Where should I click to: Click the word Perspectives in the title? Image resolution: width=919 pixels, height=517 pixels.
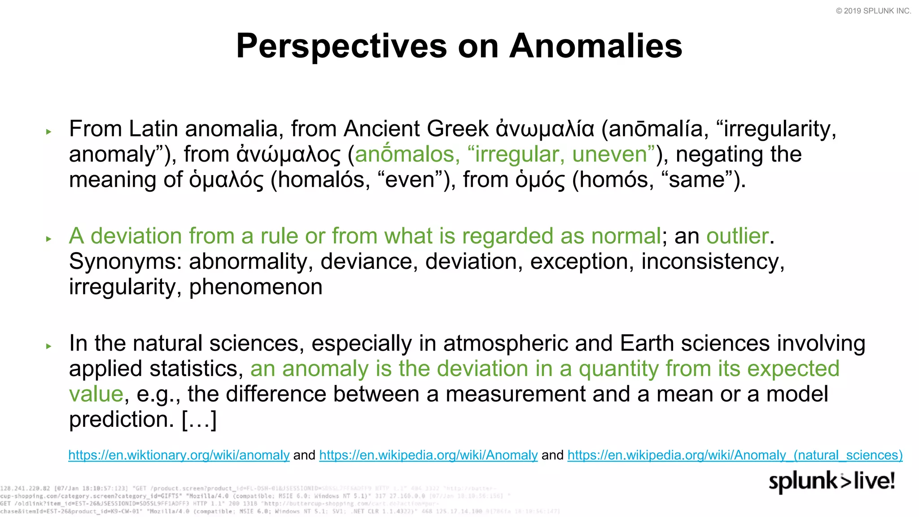341,46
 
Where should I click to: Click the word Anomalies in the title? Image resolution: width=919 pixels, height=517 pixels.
595,46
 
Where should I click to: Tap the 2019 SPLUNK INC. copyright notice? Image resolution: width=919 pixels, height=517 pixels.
873,11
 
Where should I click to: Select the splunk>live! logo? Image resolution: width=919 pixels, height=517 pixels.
831,481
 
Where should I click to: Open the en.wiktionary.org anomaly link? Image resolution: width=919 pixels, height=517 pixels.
179,455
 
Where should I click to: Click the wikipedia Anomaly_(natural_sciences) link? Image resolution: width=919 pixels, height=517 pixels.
735,455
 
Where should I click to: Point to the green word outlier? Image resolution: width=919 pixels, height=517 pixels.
737,236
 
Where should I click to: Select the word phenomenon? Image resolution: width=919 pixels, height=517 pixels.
256,287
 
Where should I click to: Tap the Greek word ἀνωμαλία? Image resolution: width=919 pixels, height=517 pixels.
545,129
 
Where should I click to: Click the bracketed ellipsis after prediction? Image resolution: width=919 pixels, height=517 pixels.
199,420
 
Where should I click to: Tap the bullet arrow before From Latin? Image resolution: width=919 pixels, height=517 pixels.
49,131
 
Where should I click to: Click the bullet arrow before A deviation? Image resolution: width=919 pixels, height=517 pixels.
49,239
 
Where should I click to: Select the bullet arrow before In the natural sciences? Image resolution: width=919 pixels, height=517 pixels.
49,346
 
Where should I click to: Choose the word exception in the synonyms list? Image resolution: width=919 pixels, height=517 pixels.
579,262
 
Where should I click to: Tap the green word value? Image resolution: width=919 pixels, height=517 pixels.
96,394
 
